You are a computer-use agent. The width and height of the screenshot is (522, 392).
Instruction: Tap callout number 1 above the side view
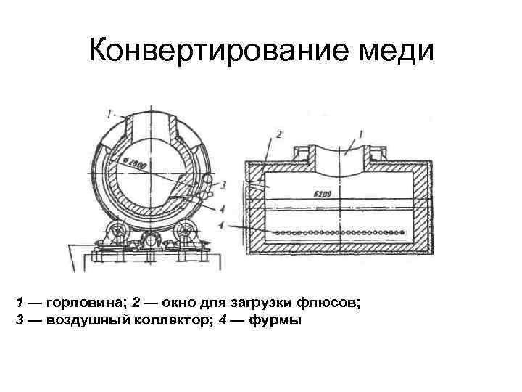coord(360,133)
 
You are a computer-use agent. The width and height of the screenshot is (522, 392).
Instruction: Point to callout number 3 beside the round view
coord(224,184)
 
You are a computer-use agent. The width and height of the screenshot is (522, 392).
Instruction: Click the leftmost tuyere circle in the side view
coord(275,232)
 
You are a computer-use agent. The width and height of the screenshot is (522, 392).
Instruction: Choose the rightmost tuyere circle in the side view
coord(406,232)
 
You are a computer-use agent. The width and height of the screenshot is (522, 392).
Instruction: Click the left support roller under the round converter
coord(116,234)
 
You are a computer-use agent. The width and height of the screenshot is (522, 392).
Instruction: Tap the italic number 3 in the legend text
coord(20,320)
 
